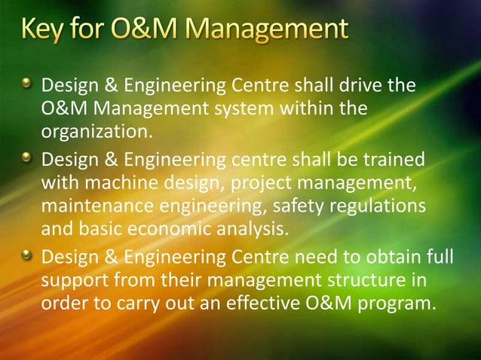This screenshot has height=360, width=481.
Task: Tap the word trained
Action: pyautogui.click(x=387, y=160)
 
